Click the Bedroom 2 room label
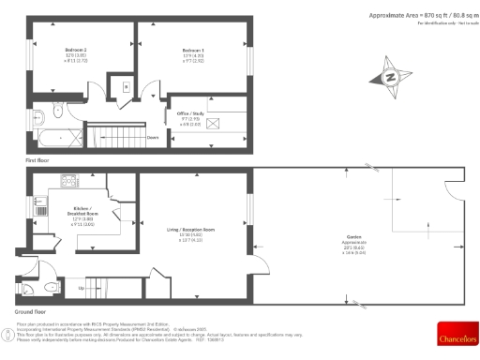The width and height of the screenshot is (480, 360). click(76, 48)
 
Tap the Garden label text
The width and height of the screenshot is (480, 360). click(353, 237)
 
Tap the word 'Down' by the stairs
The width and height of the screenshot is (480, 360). click(152, 136)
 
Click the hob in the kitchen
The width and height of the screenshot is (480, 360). click(69, 179)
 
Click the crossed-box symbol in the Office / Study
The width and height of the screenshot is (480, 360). click(212, 124)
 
